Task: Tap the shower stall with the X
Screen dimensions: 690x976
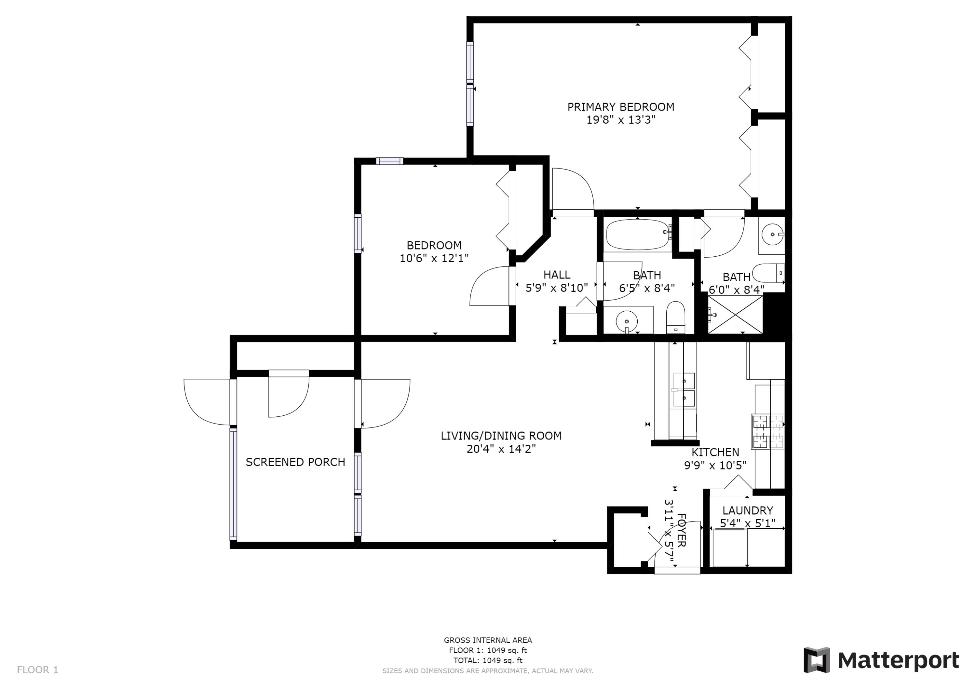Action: pyautogui.click(x=735, y=315)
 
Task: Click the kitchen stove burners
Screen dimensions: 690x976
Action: pyautogui.click(x=768, y=431)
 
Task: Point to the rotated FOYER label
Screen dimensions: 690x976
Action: pyautogui.click(x=681, y=530)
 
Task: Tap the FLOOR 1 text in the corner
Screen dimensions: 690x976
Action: pyautogui.click(x=37, y=670)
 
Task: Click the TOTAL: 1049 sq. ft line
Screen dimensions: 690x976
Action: pyautogui.click(x=488, y=660)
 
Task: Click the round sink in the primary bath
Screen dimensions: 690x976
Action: pyautogui.click(x=772, y=234)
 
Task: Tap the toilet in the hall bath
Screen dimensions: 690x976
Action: pyautogui.click(x=675, y=317)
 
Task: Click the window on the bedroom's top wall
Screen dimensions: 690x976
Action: pyautogui.click(x=389, y=161)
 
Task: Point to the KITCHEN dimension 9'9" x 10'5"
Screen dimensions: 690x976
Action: pyautogui.click(x=715, y=466)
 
